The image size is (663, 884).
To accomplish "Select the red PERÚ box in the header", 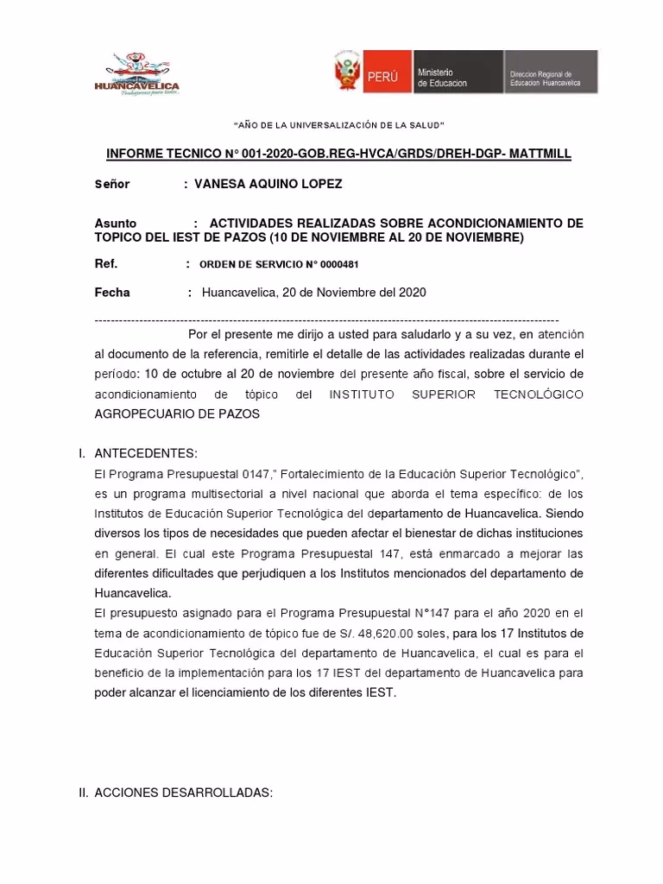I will pos(383,75).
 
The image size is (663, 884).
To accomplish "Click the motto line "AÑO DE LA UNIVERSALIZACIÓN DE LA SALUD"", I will pos(338,127).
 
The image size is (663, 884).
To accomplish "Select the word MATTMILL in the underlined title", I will pos(534,154).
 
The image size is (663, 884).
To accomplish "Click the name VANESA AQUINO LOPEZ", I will pos(268,185).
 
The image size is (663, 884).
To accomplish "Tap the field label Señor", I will pos(112,185).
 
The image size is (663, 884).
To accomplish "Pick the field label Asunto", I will pos(115,223).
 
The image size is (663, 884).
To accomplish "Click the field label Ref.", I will pos(105,263).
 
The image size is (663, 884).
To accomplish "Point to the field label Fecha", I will pos(112,293).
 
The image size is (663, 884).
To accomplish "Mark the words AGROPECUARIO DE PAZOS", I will pos(176,414).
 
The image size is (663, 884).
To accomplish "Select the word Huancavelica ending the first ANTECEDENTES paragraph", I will pos(133,593).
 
